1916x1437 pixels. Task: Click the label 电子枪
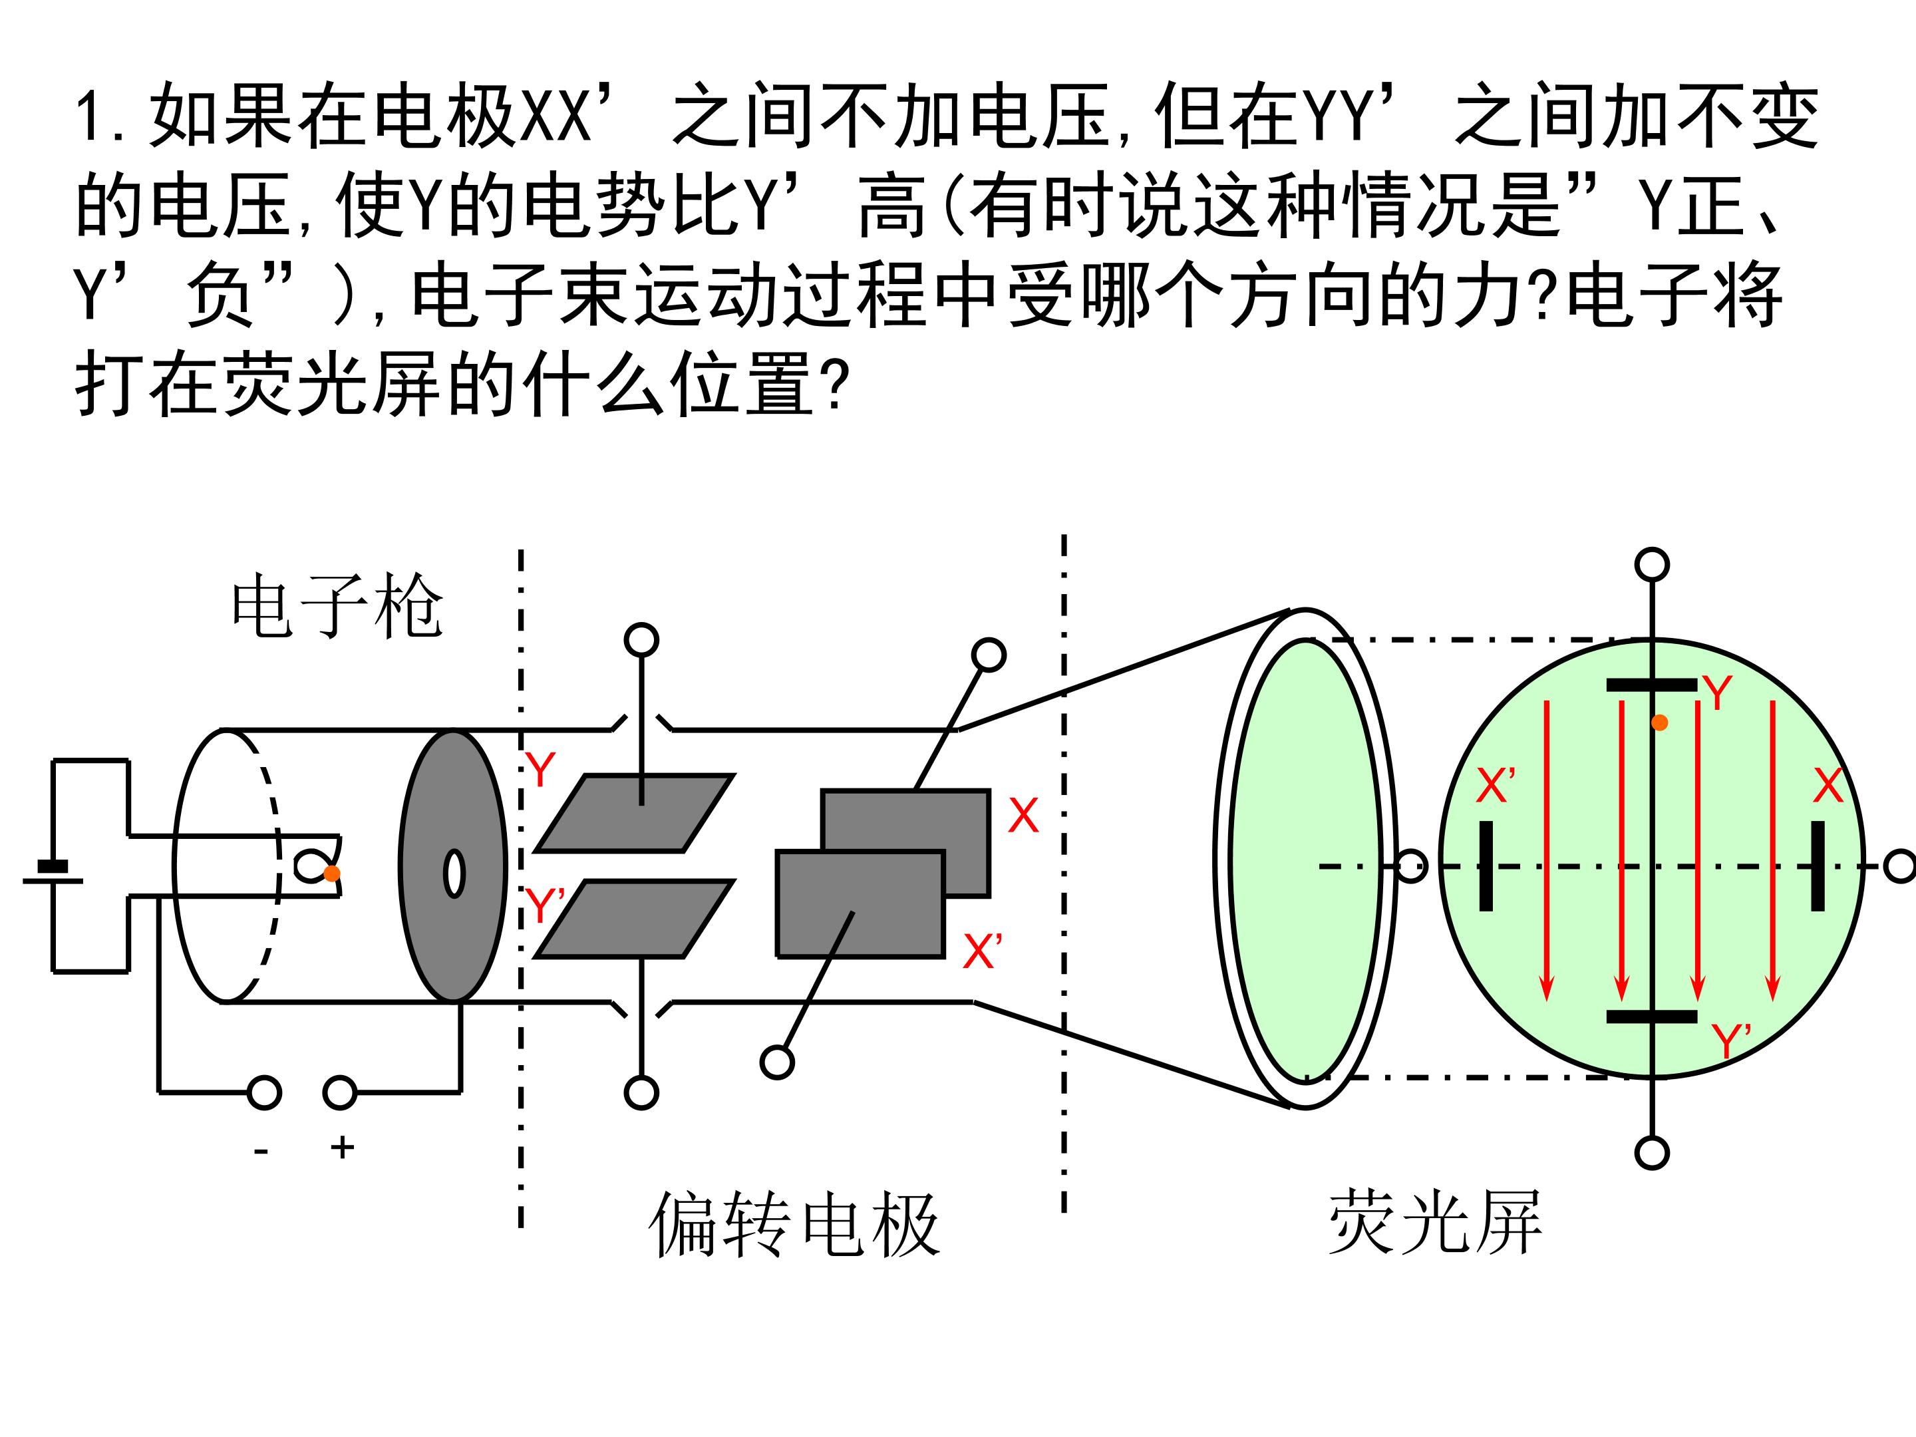coord(337,606)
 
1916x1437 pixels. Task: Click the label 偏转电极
coord(794,1224)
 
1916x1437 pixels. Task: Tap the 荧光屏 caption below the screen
coord(1435,1222)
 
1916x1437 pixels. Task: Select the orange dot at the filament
coord(332,873)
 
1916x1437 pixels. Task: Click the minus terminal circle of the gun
coord(264,1093)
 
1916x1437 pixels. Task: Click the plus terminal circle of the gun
coord(339,1093)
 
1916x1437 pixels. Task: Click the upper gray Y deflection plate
coord(635,814)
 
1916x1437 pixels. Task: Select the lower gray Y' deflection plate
coord(635,919)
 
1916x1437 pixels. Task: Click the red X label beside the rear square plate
coord(1023,815)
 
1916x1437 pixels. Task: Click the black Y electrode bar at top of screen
coord(1652,685)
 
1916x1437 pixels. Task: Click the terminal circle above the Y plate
coord(641,640)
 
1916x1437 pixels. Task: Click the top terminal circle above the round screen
coord(1652,565)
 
